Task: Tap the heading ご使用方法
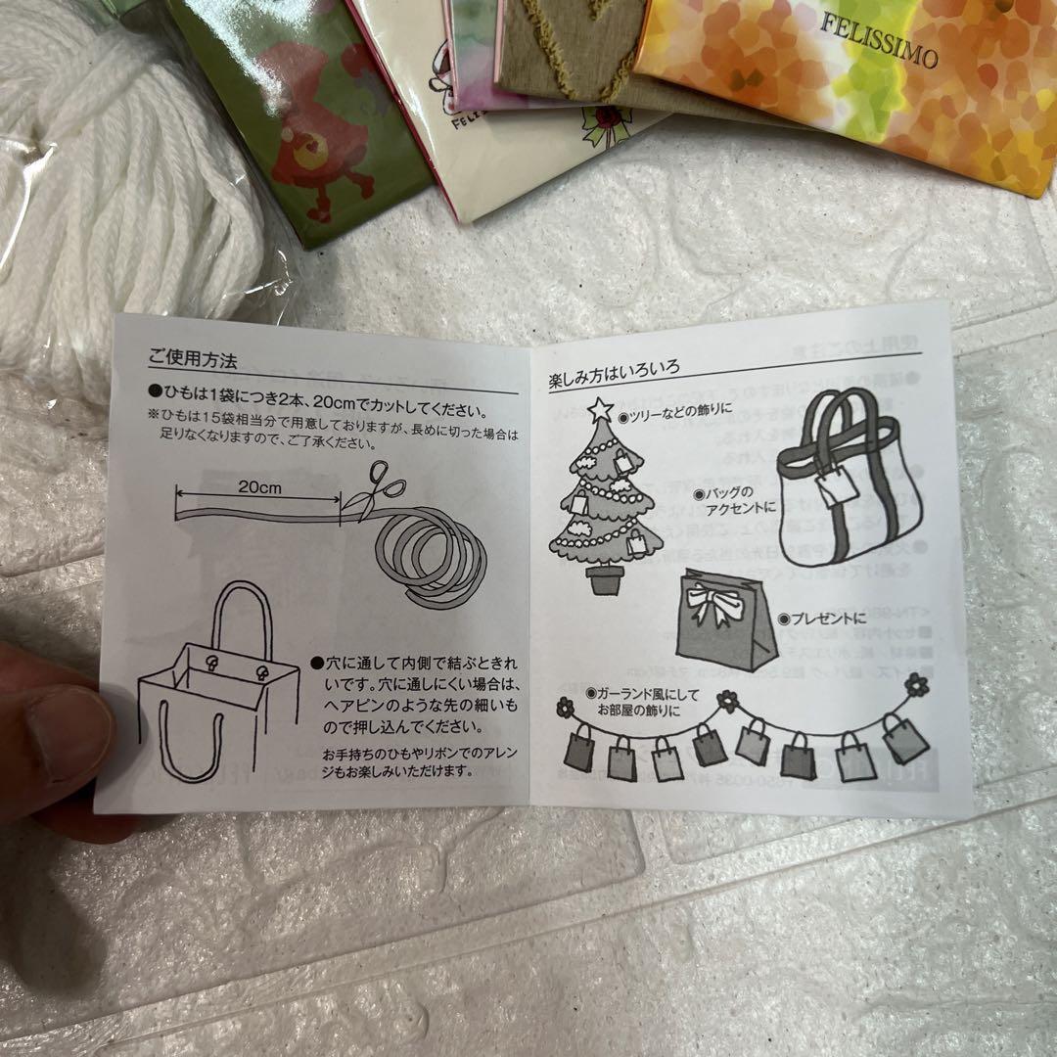click(x=193, y=359)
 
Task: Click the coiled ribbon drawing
click(x=431, y=552)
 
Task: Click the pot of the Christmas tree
click(x=603, y=578)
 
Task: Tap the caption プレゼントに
click(x=822, y=619)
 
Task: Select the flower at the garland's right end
click(x=916, y=684)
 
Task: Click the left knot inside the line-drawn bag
click(x=211, y=666)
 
